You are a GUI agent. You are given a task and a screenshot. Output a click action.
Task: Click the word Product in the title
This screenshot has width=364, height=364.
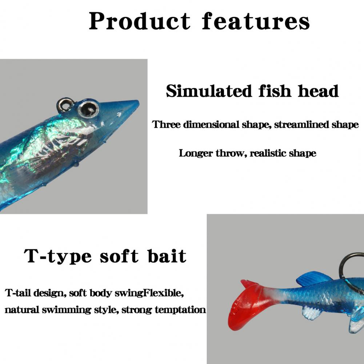coord(140,21)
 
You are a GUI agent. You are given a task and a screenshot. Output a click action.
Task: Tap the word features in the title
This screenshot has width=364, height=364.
coord(256,21)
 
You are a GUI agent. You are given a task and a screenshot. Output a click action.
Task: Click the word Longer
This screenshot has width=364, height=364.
coord(196,153)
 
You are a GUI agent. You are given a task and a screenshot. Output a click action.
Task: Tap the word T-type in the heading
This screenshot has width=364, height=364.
coord(58,256)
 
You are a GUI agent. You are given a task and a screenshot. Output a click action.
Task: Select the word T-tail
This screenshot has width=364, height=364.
coord(18,293)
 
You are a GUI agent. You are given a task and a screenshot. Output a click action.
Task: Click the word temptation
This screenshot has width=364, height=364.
coord(180,310)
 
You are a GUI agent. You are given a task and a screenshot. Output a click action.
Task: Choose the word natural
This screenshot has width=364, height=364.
coord(22,310)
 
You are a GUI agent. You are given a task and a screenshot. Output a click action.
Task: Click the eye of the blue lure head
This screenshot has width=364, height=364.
coord(88,108)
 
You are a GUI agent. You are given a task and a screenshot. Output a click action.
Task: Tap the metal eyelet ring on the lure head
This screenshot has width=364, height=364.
coord(65,104)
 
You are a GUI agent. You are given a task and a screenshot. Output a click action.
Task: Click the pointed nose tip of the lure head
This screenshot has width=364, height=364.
coord(138,101)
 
